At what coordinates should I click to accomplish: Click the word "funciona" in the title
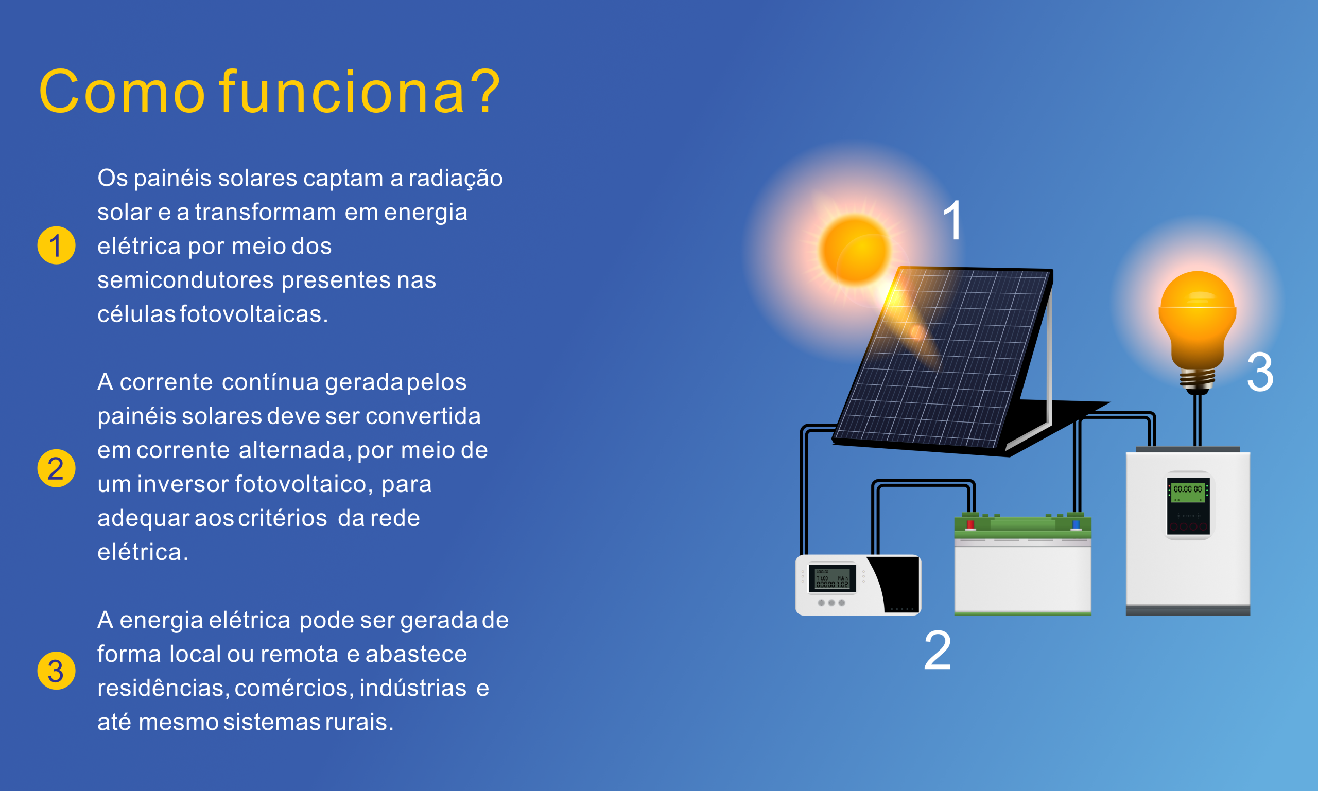(342, 91)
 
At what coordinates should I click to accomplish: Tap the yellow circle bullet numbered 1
(56, 245)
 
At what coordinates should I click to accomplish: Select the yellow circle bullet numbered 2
(56, 468)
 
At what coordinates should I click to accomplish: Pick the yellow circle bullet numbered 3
(56, 671)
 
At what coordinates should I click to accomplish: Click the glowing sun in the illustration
(855, 250)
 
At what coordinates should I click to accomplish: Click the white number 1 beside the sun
(953, 220)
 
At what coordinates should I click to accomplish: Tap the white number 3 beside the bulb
(1260, 372)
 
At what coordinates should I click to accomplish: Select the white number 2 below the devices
(938, 650)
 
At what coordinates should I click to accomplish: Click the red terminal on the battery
(970, 524)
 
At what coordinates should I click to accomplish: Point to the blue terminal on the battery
(1076, 524)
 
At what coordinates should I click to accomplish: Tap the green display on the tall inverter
(1188, 490)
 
